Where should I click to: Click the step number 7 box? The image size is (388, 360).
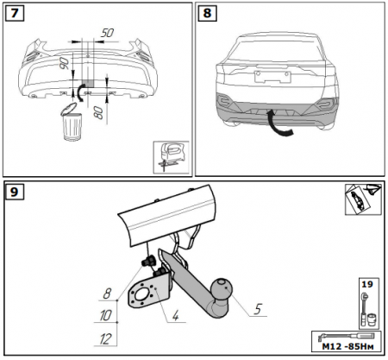point(15,14)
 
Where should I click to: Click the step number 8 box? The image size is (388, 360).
point(207,14)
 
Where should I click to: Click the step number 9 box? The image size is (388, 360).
point(15,192)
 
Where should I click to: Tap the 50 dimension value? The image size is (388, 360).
point(107,33)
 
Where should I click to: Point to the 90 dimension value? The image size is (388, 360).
point(65,63)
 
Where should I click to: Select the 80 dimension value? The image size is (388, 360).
point(98,112)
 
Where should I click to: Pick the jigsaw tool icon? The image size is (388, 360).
point(171,157)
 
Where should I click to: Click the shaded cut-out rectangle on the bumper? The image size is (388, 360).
point(88,84)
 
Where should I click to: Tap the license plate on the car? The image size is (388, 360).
point(272,77)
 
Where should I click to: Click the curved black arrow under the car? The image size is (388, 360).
point(278,125)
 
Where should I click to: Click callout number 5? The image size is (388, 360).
point(258,309)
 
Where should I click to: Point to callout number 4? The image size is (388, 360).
point(175,315)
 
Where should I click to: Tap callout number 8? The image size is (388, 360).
point(107,294)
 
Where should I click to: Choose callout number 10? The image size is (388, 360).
point(105,315)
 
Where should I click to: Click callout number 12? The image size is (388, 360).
point(105,338)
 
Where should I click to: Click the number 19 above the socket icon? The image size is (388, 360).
point(367,284)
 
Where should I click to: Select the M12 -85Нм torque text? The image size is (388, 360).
point(347,346)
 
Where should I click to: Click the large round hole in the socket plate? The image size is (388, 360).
point(141,295)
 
